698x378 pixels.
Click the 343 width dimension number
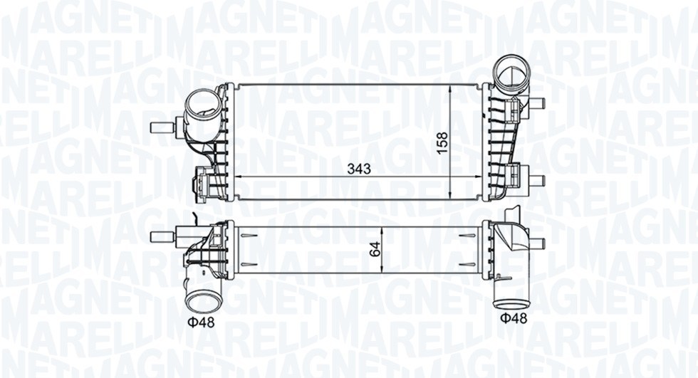(x=358, y=169)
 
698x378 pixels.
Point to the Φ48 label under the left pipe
(x=201, y=322)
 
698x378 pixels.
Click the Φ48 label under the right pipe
(x=513, y=318)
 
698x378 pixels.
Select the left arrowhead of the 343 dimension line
(x=239, y=177)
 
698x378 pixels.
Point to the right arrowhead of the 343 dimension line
(x=479, y=177)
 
